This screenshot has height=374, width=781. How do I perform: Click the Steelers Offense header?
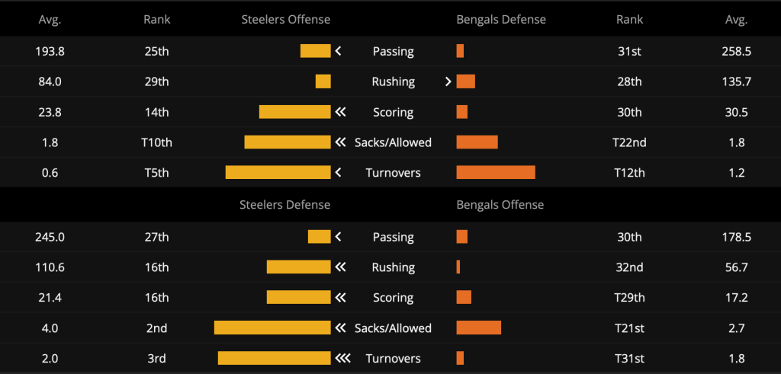(x=285, y=19)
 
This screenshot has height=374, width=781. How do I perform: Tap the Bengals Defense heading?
(x=501, y=19)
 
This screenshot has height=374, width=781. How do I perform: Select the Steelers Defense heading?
(x=285, y=205)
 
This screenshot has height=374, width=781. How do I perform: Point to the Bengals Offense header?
(x=500, y=205)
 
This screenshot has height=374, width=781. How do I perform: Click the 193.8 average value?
(x=50, y=51)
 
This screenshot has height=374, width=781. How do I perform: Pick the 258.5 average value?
(x=736, y=51)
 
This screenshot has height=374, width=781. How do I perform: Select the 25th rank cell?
(x=156, y=51)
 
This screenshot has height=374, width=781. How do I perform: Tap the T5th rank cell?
(x=156, y=173)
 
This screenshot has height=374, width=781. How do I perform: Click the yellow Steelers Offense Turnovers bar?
(x=278, y=173)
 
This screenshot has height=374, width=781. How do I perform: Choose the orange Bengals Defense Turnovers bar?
(x=496, y=173)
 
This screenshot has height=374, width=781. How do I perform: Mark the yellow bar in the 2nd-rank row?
(x=272, y=328)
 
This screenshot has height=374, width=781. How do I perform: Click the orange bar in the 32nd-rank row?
(x=458, y=267)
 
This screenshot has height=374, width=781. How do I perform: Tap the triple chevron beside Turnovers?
(x=342, y=358)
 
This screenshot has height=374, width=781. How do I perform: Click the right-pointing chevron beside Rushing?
(x=448, y=82)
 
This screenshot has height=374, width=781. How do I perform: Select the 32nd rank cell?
(x=629, y=267)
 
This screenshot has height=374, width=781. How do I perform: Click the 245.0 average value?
(x=50, y=237)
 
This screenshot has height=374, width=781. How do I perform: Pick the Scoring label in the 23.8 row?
(x=393, y=113)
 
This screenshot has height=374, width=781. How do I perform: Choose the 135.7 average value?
(x=736, y=82)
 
